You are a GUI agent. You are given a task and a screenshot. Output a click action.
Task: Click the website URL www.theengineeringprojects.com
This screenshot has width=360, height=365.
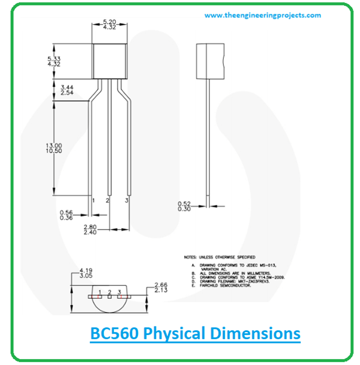point(262,16)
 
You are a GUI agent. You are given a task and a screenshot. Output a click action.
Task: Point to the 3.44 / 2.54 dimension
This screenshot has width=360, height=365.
point(68,91)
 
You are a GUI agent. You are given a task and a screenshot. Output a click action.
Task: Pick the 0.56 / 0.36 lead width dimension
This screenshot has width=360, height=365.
point(66,215)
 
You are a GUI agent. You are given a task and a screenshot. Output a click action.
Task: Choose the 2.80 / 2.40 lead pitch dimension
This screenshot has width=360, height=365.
point(90,229)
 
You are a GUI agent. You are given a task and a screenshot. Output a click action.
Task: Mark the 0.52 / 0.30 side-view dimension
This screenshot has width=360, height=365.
point(185,206)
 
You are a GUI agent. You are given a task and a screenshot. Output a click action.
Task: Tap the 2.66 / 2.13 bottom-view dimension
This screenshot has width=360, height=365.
point(160,288)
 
